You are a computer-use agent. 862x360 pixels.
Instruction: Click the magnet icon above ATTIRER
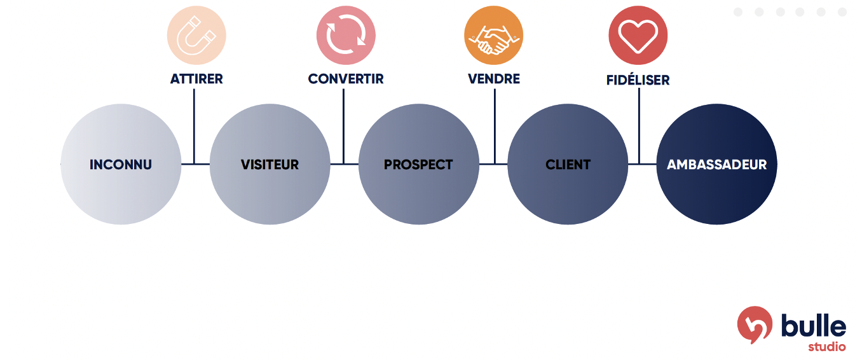(x=196, y=35)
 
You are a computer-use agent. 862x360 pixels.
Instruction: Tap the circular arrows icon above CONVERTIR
(x=346, y=35)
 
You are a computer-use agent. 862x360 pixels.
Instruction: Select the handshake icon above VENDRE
(x=494, y=35)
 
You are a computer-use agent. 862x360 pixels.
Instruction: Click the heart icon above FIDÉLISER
(x=638, y=35)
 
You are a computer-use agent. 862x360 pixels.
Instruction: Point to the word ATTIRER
(x=196, y=79)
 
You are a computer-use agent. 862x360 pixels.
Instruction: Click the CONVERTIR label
(x=346, y=79)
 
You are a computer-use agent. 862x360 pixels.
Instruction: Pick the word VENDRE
(x=494, y=79)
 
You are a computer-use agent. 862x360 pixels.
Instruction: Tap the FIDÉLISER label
(x=638, y=80)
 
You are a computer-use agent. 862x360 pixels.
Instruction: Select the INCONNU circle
(x=121, y=164)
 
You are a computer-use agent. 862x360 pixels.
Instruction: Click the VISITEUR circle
(x=270, y=164)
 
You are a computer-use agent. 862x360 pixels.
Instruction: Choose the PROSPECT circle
(x=419, y=164)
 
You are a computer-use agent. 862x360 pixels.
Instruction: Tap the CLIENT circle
(x=568, y=164)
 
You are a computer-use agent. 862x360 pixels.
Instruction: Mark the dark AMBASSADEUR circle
(x=716, y=164)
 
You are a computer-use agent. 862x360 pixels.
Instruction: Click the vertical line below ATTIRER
(x=194, y=127)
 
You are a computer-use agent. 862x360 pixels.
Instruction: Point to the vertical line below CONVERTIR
(x=344, y=127)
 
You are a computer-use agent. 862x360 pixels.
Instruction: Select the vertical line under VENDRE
(x=495, y=127)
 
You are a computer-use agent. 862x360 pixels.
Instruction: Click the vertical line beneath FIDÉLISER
(x=639, y=127)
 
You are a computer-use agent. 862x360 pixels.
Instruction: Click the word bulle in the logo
(x=814, y=326)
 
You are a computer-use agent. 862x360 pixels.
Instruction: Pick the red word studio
(x=826, y=347)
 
